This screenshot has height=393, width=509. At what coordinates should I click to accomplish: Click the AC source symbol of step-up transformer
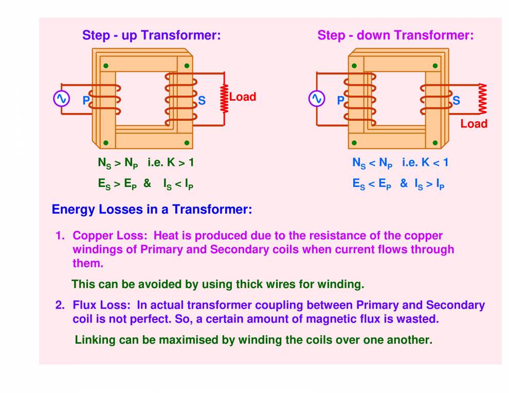point(61,98)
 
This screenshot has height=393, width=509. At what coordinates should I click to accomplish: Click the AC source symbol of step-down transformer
point(316,98)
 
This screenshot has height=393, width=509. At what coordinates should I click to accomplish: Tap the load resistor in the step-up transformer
point(224,99)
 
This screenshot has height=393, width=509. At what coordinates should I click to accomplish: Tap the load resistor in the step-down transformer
point(482,99)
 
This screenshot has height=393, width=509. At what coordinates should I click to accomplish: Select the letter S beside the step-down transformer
point(456,101)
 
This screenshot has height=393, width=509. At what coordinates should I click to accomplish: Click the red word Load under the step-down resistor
point(474,124)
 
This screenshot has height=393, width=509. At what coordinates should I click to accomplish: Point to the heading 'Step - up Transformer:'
point(151,35)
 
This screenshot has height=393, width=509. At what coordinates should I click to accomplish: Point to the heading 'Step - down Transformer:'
point(395,35)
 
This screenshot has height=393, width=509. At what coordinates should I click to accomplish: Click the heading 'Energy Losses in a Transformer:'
point(152,210)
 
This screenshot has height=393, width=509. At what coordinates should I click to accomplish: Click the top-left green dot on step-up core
point(105,66)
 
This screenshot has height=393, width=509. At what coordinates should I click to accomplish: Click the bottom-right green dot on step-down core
point(435,143)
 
